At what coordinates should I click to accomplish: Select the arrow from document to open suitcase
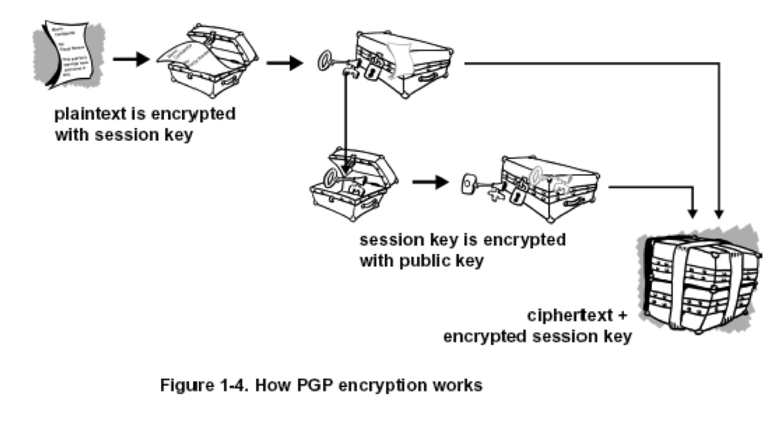[x=130, y=62]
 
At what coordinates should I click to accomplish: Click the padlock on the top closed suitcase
[x=372, y=71]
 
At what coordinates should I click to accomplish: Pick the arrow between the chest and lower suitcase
[x=430, y=182]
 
